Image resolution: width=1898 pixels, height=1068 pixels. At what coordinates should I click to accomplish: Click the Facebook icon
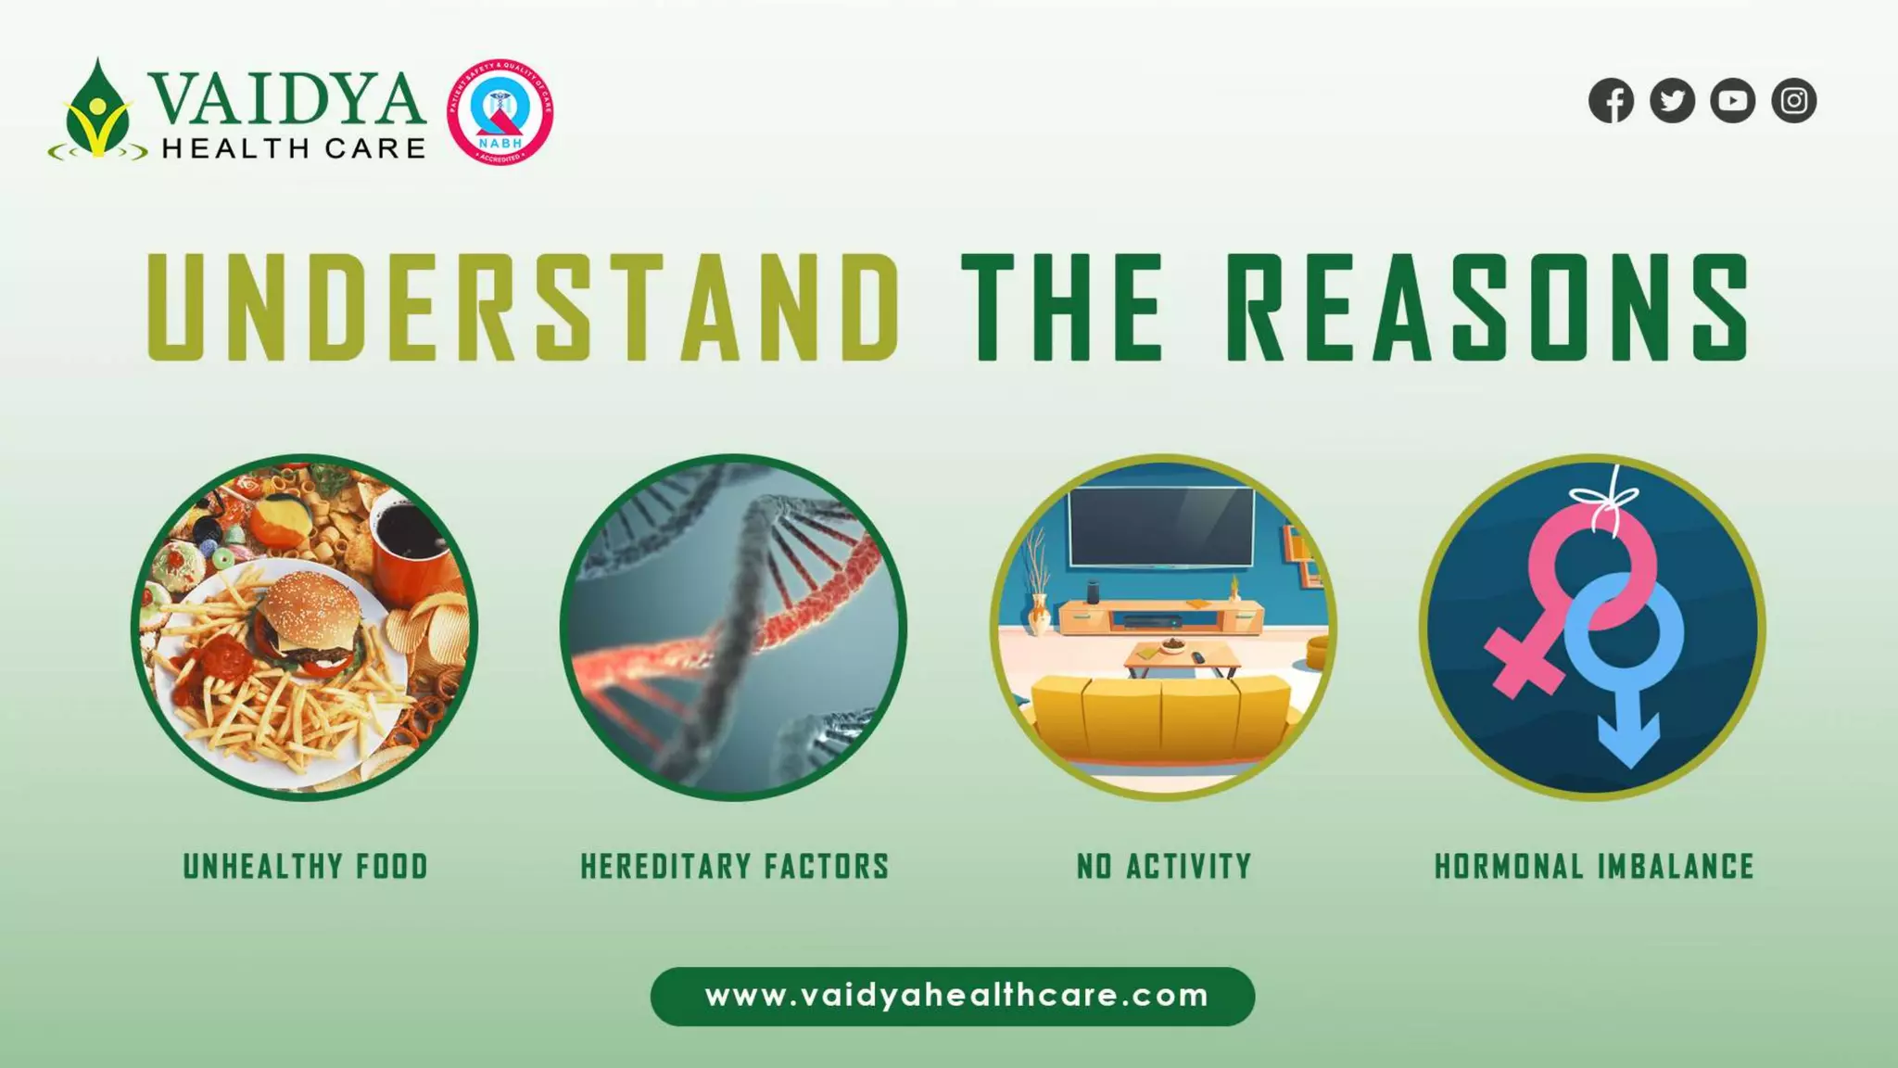point(1611,101)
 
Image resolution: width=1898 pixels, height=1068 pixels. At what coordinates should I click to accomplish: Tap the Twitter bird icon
point(1672,101)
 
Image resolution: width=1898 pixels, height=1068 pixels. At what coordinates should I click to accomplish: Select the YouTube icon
point(1732,101)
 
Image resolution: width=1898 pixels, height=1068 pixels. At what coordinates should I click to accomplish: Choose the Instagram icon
point(1793,101)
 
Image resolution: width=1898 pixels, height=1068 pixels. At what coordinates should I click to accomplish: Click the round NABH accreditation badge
point(500,112)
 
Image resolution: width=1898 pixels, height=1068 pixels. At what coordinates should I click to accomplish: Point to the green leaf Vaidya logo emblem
point(96,112)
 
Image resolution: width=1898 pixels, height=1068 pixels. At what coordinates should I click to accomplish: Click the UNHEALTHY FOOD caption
point(305,867)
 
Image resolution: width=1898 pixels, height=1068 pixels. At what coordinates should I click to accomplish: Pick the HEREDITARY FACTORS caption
point(734,867)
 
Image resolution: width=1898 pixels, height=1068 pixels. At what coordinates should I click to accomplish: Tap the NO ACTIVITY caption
point(1164,867)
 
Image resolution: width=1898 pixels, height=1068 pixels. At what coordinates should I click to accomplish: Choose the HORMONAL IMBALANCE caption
point(1594,867)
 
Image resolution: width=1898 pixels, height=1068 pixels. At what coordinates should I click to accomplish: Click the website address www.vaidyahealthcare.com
point(956,997)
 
